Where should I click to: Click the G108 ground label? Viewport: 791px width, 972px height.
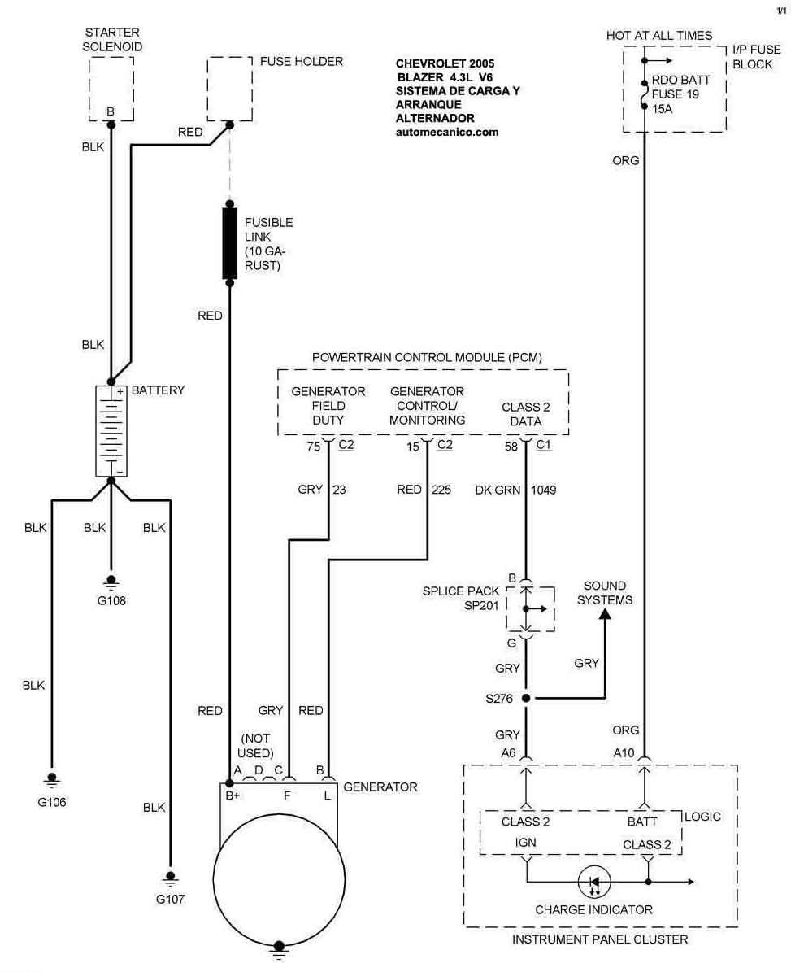(x=111, y=601)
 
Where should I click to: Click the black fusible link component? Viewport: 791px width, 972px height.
(x=229, y=243)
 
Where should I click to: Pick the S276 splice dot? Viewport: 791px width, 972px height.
(x=526, y=698)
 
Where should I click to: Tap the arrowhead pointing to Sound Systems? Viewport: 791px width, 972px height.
(x=604, y=616)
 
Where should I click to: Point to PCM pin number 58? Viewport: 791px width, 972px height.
(x=511, y=446)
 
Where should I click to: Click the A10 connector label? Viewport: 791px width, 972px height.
(x=624, y=753)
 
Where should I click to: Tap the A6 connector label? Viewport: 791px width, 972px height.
(x=508, y=753)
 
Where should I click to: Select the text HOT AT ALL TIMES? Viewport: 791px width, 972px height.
(x=658, y=36)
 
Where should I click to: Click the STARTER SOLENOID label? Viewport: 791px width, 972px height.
(x=112, y=40)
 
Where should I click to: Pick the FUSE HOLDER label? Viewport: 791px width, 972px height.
(x=301, y=61)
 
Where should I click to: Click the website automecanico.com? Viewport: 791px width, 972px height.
(x=447, y=132)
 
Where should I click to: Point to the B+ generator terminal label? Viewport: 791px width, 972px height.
(x=233, y=795)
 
